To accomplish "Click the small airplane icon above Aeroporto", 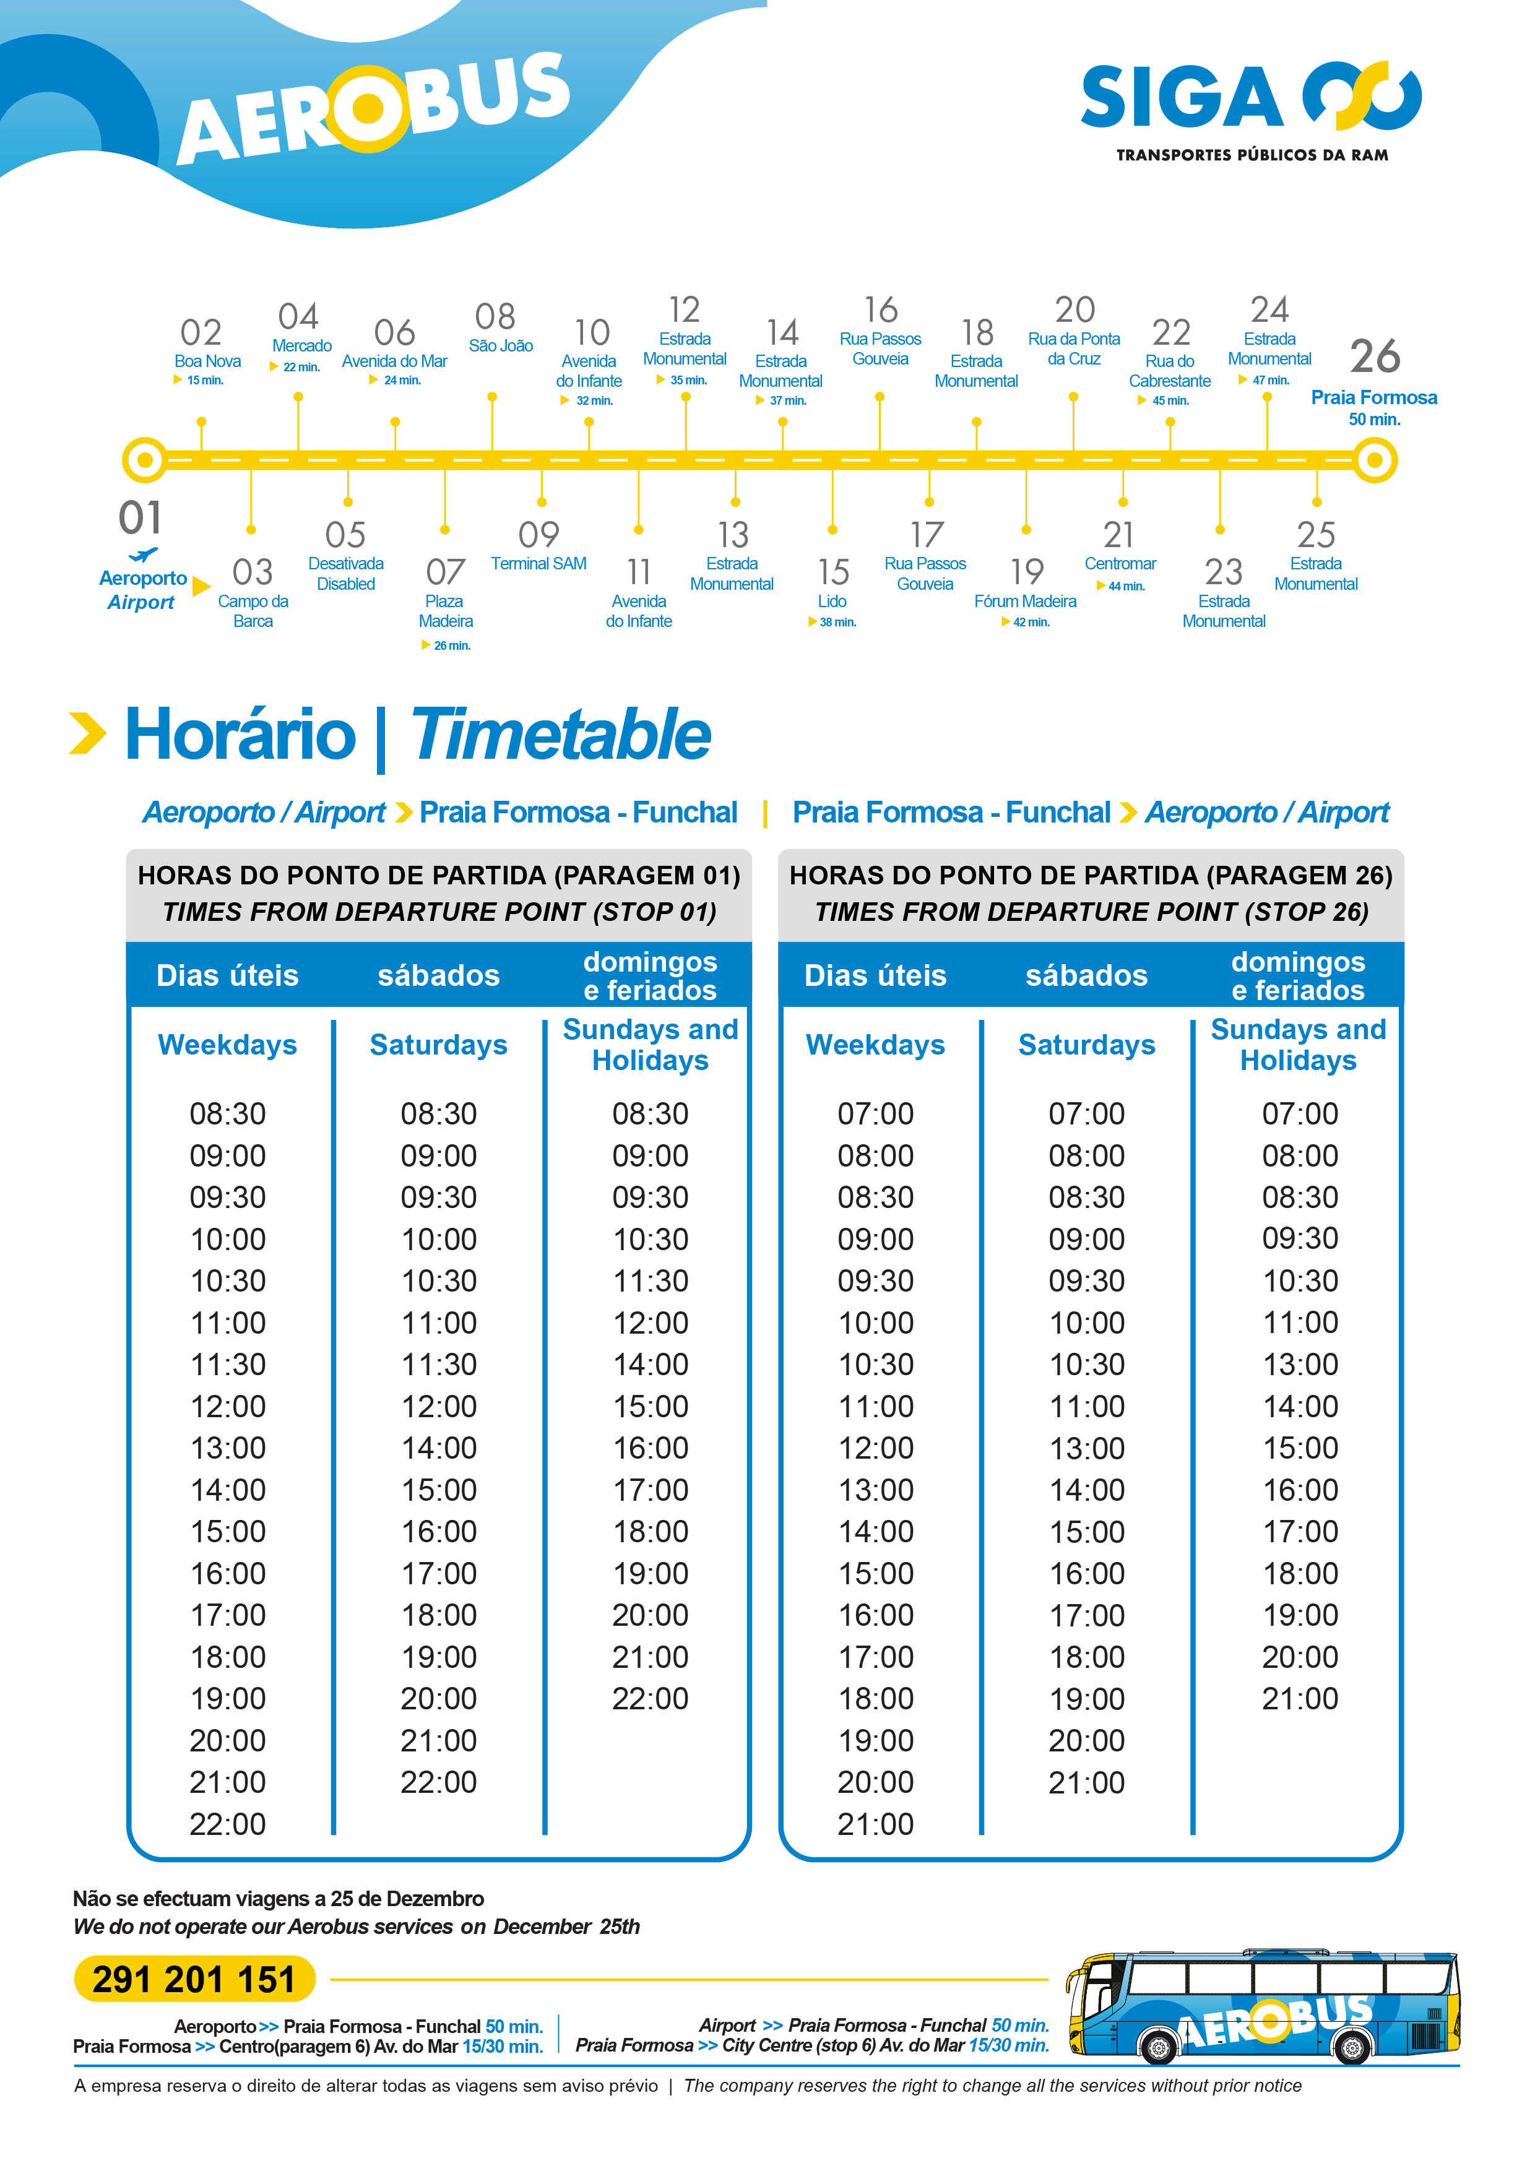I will (143, 555).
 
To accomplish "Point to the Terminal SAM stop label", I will (538, 564).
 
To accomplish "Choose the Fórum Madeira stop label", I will (1025, 602).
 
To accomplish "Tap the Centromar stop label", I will (1120, 564).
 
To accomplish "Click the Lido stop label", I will (832, 602).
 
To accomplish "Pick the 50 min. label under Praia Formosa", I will (1374, 419).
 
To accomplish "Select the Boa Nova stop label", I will (207, 361).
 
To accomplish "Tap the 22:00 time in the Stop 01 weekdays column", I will (228, 1824).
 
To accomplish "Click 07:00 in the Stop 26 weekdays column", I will (876, 1114).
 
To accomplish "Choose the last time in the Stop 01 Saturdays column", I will (439, 1782).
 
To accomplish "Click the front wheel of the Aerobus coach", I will (1159, 2047).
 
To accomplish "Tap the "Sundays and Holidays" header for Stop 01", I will (651, 1044).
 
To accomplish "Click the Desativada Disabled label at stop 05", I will (346, 574).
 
